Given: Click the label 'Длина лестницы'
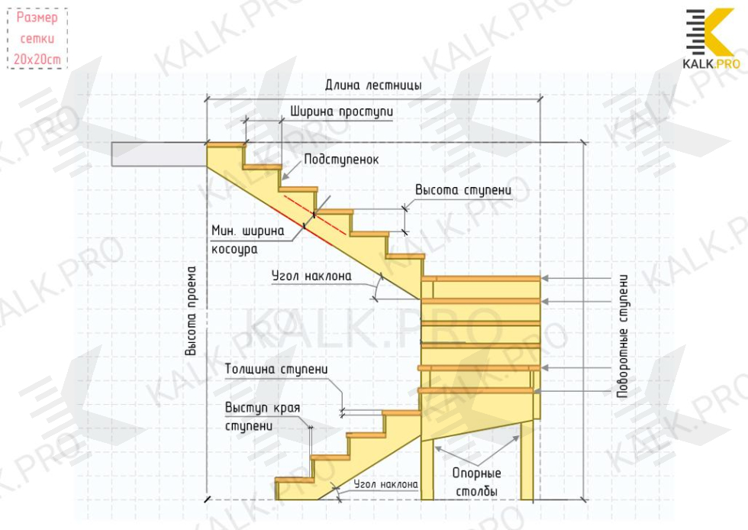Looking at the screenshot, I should [373, 86].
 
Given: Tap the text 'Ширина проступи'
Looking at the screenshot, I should [341, 111].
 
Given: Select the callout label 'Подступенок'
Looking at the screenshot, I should [341, 160].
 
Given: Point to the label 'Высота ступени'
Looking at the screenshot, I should [463, 189].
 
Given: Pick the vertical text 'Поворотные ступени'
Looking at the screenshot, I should [624, 335].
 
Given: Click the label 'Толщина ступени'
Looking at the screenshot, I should [276, 370].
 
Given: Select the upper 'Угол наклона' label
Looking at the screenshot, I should [311, 276].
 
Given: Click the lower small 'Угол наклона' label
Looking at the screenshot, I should [385, 484].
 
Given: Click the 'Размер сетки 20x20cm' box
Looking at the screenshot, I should [37, 39].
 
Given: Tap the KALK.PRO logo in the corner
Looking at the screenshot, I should [711, 39].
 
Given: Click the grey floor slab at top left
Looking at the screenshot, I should [159, 154].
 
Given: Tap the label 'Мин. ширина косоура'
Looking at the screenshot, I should [247, 239].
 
